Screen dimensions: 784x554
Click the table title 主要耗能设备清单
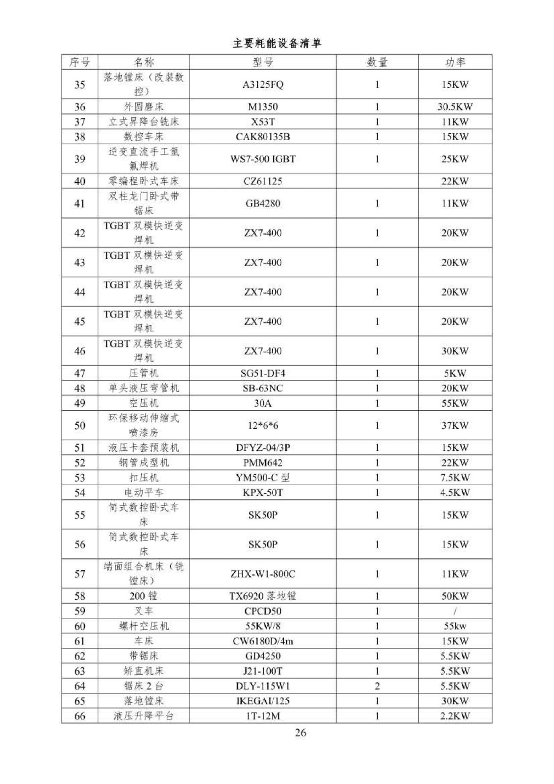coord(277,44)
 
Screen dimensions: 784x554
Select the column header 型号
coord(263,62)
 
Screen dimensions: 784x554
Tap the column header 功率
coord(454,62)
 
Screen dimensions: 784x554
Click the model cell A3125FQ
coord(263,84)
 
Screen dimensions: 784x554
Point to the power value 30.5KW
coord(454,107)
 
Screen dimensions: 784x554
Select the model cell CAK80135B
coord(263,137)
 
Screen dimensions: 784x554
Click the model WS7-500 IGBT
coord(263,159)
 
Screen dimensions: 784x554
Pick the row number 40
coord(79,181)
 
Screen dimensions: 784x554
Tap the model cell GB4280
coord(263,203)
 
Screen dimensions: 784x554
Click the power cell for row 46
coord(454,351)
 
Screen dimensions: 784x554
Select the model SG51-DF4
coord(263,373)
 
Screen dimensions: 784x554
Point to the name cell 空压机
coord(144,403)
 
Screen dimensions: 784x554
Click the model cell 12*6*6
coord(263,425)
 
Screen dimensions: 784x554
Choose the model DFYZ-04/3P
coord(263,448)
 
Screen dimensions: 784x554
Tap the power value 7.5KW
coord(454,478)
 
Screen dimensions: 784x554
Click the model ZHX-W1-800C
coord(263,574)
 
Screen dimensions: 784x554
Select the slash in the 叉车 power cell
coord(455,611)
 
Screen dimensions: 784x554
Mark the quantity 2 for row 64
coord(377,686)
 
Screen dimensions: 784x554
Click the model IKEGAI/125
coord(263,701)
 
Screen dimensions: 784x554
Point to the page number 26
coord(301,733)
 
